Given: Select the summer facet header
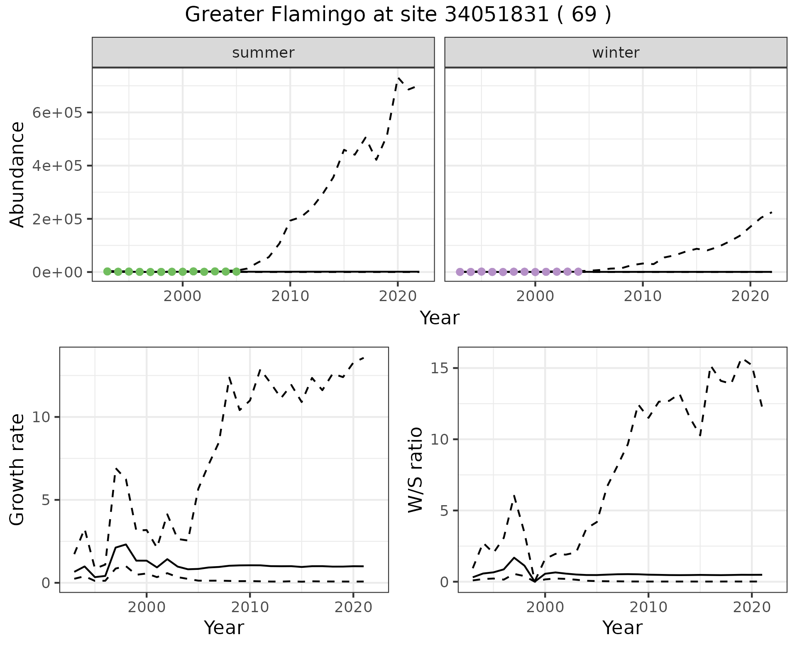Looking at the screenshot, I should [263, 53].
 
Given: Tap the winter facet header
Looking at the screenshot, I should [616, 53].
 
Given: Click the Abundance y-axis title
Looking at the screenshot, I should [17, 174].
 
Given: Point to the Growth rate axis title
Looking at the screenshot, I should [17, 469].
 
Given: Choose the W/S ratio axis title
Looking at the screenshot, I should [416, 469].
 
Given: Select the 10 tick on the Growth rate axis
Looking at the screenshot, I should [42, 417].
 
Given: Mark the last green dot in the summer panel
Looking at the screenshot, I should [236, 272].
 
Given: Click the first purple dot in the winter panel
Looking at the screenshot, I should [460, 272].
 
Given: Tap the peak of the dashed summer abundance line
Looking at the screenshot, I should [398, 78].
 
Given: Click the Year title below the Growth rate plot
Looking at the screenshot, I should [224, 628].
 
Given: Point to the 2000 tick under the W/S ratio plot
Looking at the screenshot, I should [545, 608].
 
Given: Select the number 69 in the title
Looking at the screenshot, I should [584, 15].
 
